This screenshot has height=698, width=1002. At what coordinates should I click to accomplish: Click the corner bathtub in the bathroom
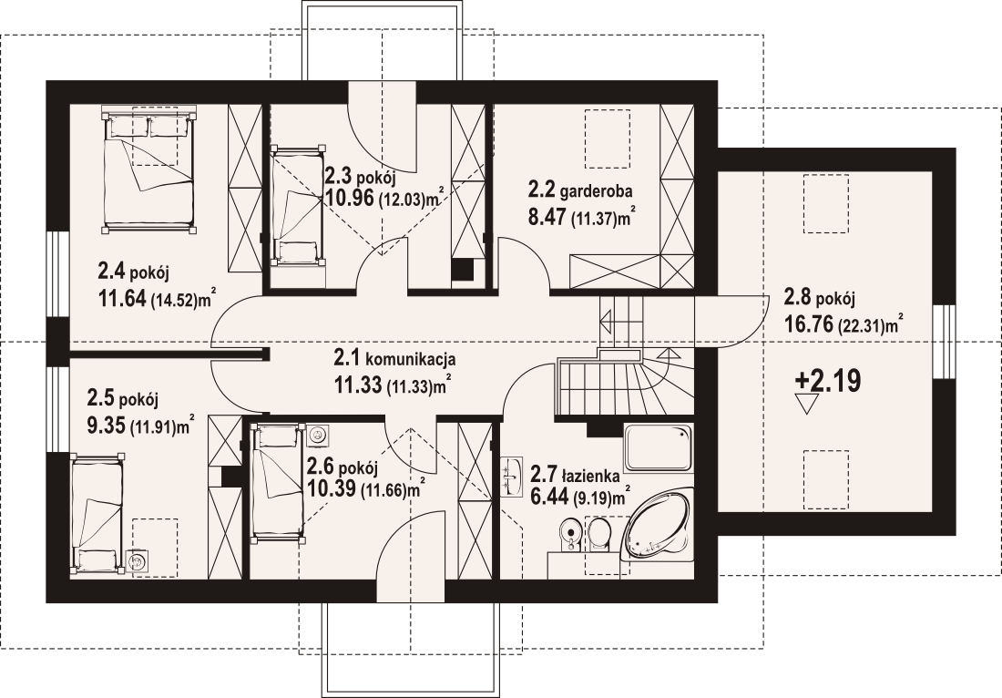pos(659,525)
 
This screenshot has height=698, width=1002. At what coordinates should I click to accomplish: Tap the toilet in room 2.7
pos(598,534)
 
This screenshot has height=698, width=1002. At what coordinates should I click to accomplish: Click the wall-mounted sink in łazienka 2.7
pos(511,476)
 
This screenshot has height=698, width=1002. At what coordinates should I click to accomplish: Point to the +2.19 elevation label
pos(827,380)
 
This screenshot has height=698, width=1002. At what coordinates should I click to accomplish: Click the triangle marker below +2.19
pos(806,404)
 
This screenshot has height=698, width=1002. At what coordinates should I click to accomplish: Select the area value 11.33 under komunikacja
pos(358,385)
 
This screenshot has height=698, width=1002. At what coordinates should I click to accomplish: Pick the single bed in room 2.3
pos(297,205)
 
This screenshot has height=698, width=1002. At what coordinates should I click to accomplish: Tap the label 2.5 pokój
pos(122,399)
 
